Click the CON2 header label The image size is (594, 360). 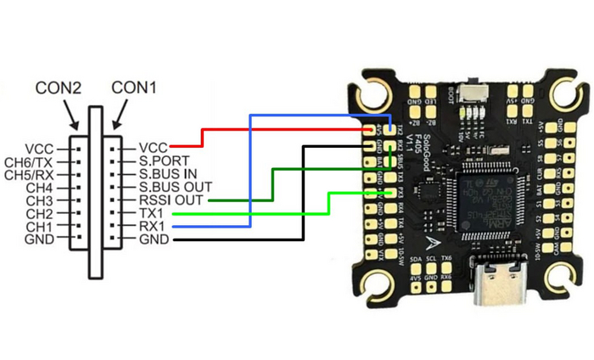coord(59,87)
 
